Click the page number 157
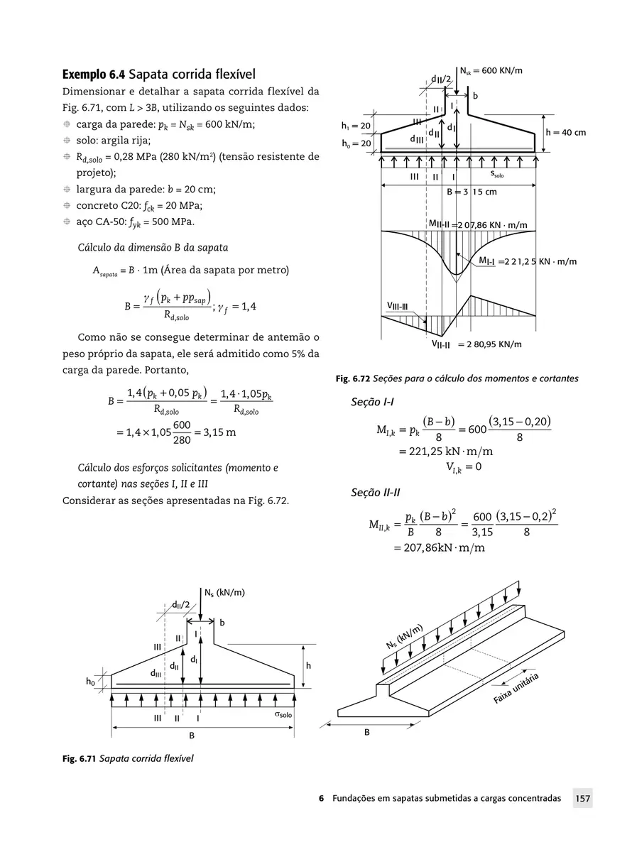tap(583, 799)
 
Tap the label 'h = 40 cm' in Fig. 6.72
tap(565, 133)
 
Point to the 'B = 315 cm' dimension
tap(472, 192)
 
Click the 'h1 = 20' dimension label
tap(356, 126)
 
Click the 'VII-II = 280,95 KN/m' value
tap(476, 344)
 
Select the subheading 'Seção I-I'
tap(373, 403)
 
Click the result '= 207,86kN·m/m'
tap(439, 548)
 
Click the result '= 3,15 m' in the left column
tap(212, 433)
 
